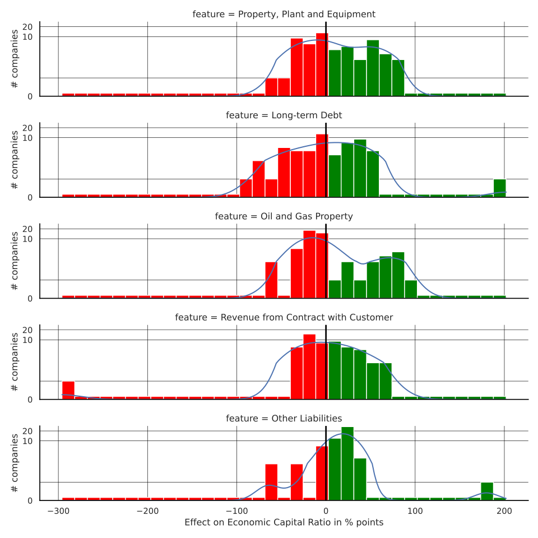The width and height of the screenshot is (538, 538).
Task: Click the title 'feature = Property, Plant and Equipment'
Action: pyautogui.click(x=284, y=14)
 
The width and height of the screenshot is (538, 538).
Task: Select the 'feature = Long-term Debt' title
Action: pyautogui.click(x=284, y=115)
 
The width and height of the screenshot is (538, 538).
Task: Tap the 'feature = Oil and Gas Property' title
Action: pyautogui.click(x=284, y=216)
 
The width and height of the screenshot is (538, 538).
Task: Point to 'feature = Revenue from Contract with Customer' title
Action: pyautogui.click(x=284, y=318)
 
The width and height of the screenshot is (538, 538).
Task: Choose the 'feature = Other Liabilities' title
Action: pyautogui.click(x=284, y=419)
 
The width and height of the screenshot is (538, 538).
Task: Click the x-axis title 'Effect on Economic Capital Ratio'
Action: pyautogui.click(x=284, y=522)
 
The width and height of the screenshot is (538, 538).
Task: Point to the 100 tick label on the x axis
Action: pyautogui.click(x=415, y=511)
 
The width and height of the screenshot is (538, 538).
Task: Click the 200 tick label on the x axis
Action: pyautogui.click(x=504, y=511)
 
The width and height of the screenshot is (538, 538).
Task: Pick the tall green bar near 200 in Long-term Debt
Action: pyautogui.click(x=499, y=188)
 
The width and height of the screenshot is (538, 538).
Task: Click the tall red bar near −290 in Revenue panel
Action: pyautogui.click(x=68, y=390)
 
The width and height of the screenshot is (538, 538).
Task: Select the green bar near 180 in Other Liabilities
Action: pyautogui.click(x=487, y=491)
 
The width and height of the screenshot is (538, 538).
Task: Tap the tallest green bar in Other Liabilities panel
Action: pyautogui.click(x=347, y=463)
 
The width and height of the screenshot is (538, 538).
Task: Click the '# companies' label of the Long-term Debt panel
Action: pyautogui.click(x=15, y=160)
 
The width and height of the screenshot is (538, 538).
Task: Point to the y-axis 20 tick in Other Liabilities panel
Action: pyautogui.click(x=28, y=431)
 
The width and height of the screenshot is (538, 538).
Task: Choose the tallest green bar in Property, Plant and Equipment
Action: pyautogui.click(x=373, y=68)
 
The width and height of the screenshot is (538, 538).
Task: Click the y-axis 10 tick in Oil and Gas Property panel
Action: pyautogui.click(x=28, y=239)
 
